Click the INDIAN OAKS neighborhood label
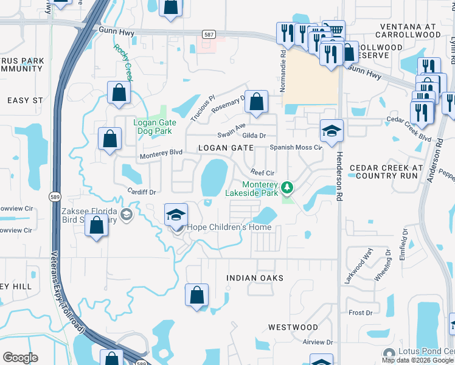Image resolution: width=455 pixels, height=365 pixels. click(255, 278)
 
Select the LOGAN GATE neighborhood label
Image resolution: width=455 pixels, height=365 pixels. click(225, 148)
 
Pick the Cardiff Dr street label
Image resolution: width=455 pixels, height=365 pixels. click(142, 190)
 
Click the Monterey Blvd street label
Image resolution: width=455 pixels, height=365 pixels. click(161, 154)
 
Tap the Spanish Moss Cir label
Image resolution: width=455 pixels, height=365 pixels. click(296, 147)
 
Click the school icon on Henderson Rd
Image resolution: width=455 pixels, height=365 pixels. click(332, 131)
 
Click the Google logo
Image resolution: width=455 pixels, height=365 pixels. click(20, 358)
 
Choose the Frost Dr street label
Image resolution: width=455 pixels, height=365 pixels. click(360, 313)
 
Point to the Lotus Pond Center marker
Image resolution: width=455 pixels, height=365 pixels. click(389, 353)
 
